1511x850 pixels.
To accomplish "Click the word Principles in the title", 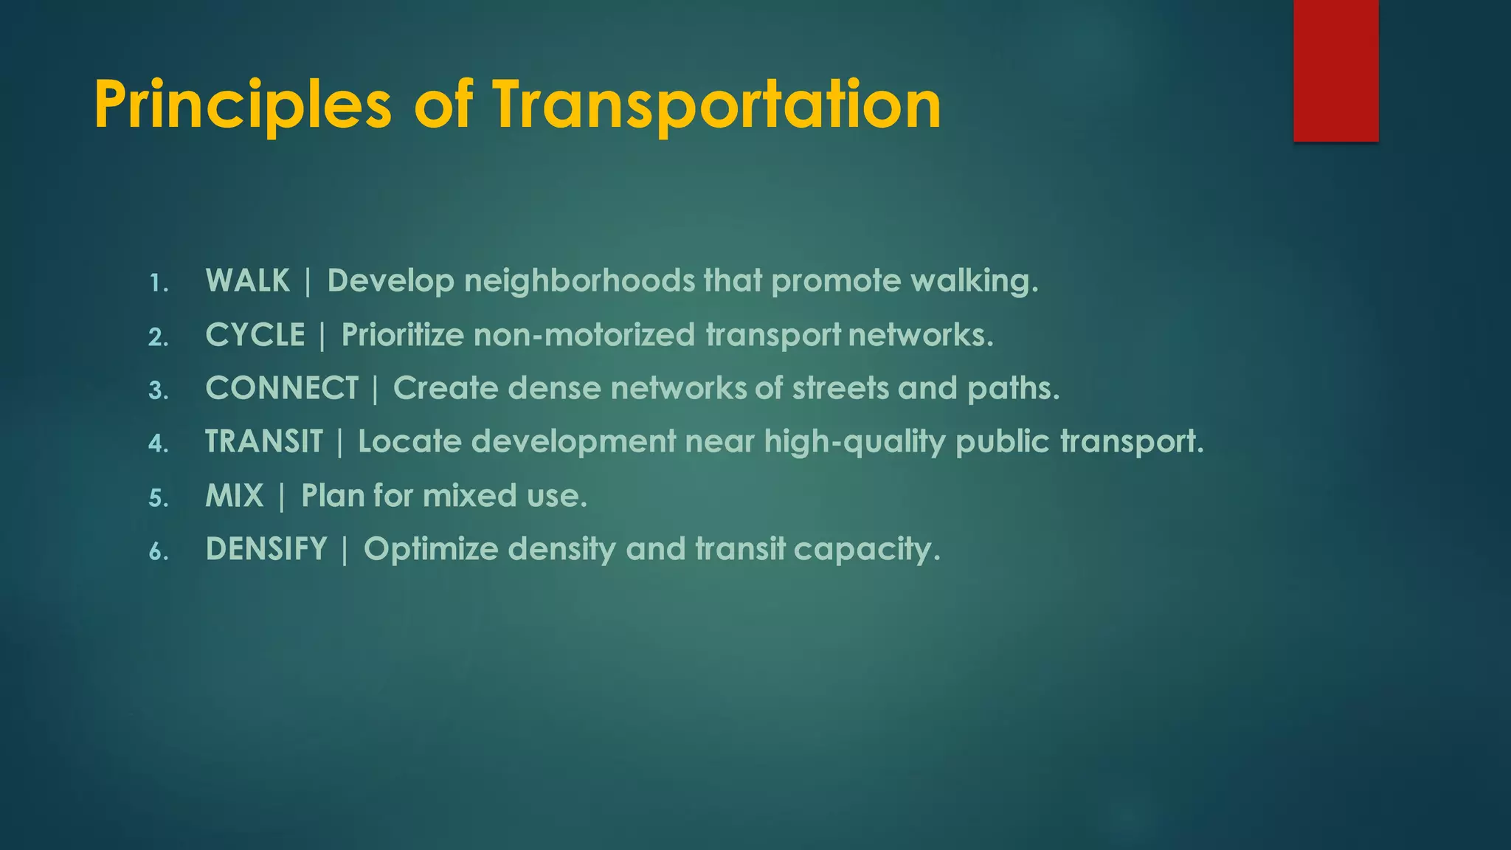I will pyautogui.click(x=242, y=106).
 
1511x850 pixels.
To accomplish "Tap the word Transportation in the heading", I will pyautogui.click(x=716, y=106).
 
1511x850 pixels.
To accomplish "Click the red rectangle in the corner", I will pyautogui.click(x=1335, y=70).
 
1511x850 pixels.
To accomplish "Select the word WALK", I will pyautogui.click(x=248, y=281).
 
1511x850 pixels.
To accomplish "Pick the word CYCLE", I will pyautogui.click(x=255, y=335).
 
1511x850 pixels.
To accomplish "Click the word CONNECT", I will pyautogui.click(x=282, y=388).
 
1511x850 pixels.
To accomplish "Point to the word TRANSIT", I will pyautogui.click(x=264, y=442).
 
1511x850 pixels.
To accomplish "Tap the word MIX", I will pyautogui.click(x=235, y=496).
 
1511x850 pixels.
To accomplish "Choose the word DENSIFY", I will pyautogui.click(x=266, y=549).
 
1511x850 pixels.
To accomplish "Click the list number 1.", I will pyautogui.click(x=158, y=283).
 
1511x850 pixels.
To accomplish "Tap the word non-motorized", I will pyautogui.click(x=584, y=335).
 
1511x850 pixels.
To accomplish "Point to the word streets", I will pyautogui.click(x=840, y=388).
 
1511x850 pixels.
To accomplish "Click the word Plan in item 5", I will pyautogui.click(x=333, y=496).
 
